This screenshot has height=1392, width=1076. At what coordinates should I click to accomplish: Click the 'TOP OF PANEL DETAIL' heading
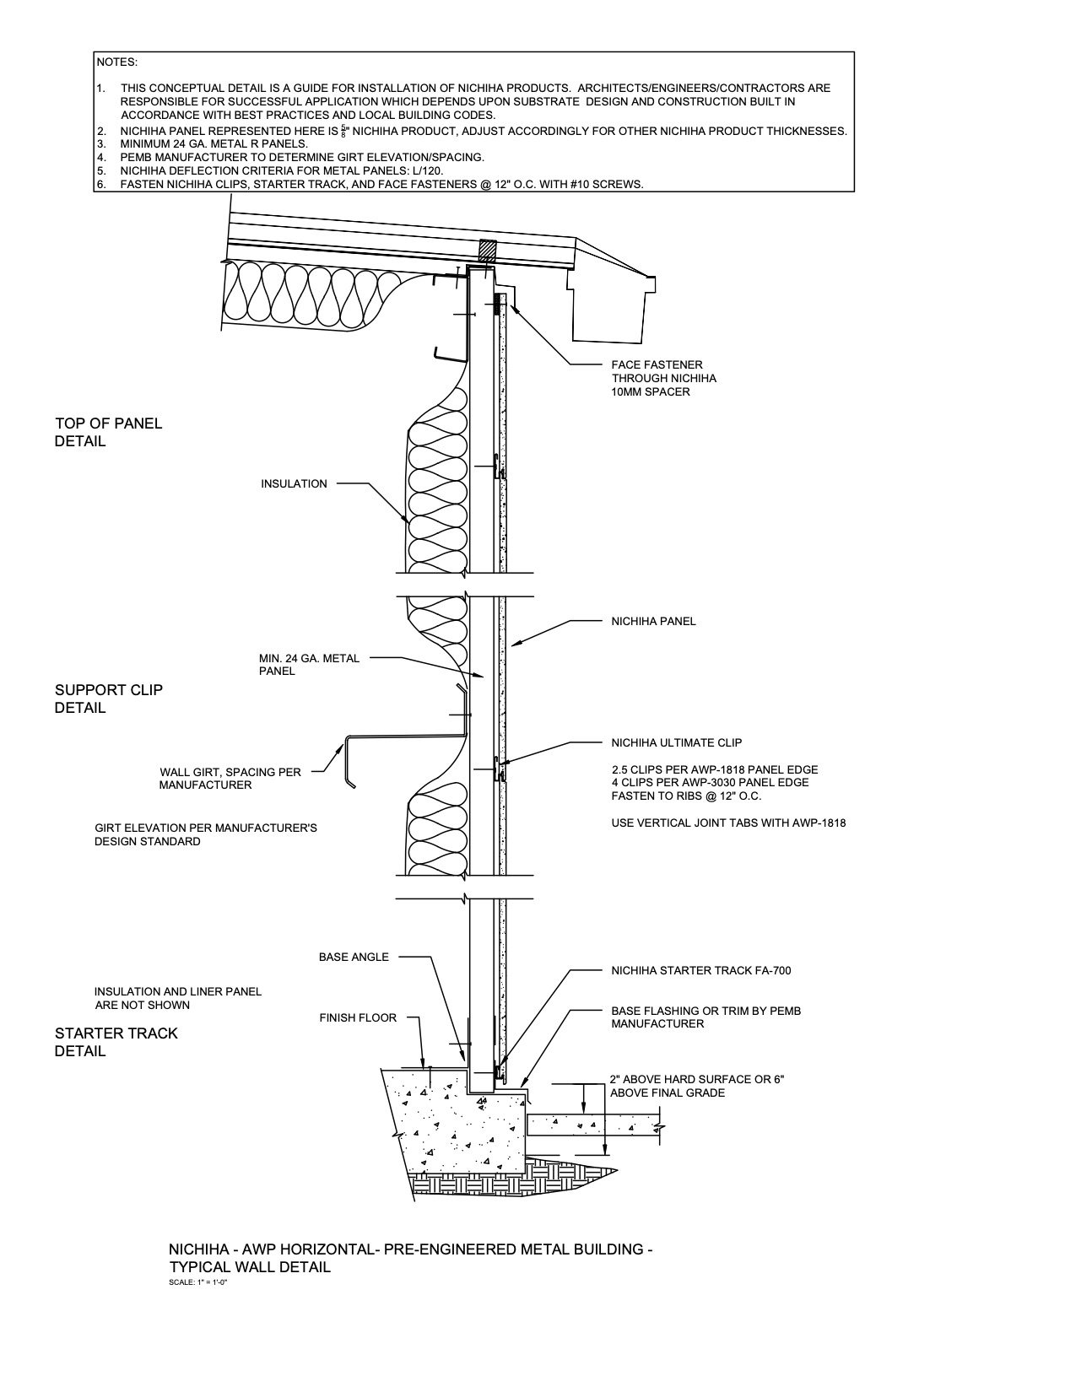click(x=108, y=432)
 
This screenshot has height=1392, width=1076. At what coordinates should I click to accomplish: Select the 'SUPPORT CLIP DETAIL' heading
click(x=108, y=699)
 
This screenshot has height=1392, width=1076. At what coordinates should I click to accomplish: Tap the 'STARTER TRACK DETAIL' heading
click(x=116, y=1042)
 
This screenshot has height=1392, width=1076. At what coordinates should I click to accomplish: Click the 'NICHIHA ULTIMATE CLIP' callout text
click(x=676, y=743)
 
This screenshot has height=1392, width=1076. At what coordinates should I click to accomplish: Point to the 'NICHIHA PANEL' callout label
click(x=653, y=622)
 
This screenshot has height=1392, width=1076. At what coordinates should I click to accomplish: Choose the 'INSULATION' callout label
click(x=294, y=484)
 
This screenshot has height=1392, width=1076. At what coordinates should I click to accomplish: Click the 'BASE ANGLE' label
click(x=354, y=958)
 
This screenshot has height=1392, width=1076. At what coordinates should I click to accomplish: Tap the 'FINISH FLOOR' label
click(x=358, y=1018)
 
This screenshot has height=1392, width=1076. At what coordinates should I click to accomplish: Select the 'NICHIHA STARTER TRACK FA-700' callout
click(x=700, y=971)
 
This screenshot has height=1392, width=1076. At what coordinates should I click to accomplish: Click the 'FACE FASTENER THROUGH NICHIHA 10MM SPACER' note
click(x=663, y=378)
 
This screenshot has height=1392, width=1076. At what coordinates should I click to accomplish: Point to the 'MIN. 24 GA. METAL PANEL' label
click(x=309, y=665)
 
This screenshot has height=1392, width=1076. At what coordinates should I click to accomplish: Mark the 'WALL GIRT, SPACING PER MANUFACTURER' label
click(x=230, y=779)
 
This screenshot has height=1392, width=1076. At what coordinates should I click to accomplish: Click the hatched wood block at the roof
click(x=488, y=251)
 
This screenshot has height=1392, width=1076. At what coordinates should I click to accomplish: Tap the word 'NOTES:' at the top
click(x=116, y=62)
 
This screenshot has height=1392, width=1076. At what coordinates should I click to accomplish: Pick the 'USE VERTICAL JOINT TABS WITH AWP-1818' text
click(x=728, y=823)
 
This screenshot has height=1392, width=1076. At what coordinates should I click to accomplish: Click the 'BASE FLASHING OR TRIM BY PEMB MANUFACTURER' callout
click(x=706, y=1017)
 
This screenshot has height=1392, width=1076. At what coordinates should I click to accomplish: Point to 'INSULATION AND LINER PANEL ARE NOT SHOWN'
click(x=177, y=998)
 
